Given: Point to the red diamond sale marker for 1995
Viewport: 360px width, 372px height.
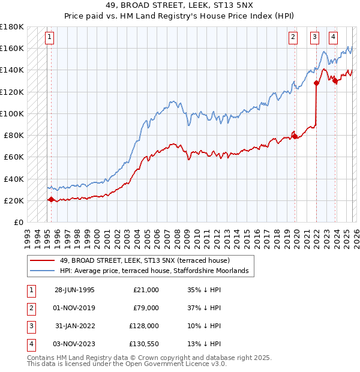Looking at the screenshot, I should [x=51, y=199].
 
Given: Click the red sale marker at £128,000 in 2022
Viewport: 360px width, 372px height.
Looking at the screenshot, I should [x=316, y=83].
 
